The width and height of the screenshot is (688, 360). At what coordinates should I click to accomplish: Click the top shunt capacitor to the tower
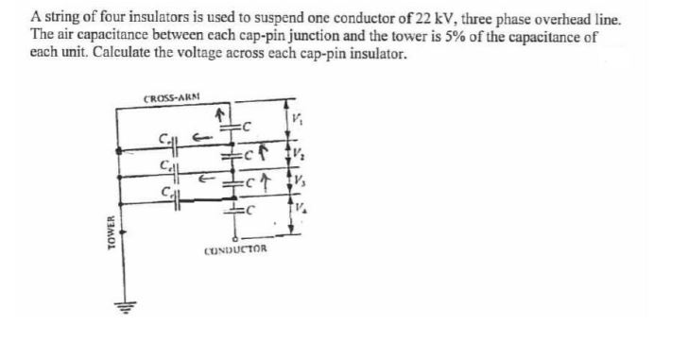point(171,145)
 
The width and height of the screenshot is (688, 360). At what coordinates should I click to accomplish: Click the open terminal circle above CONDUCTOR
point(231,236)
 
